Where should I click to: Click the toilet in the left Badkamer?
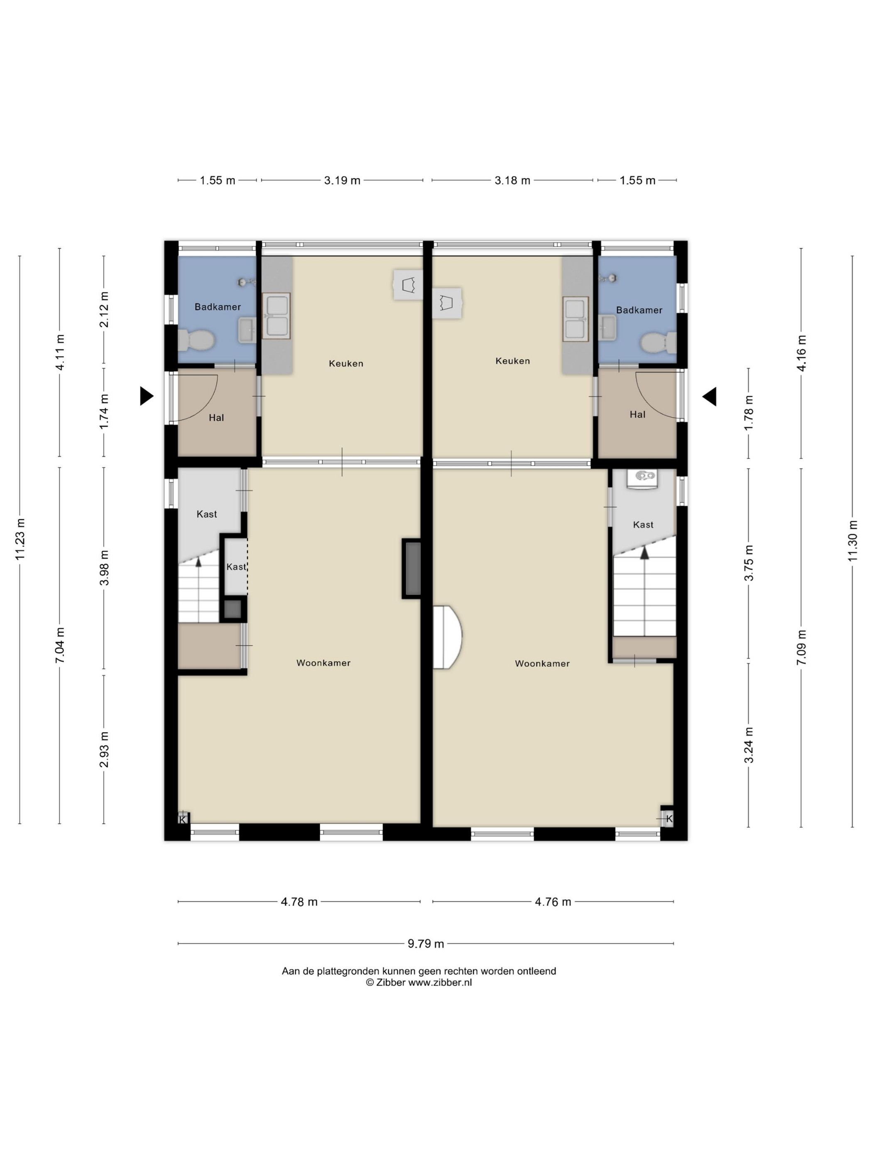tap(196, 340)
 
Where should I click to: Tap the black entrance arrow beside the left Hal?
tap(147, 395)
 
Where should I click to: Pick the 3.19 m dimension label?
tap(342, 180)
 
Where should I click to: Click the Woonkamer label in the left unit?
tap(323, 663)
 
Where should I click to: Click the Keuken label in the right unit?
tap(512, 361)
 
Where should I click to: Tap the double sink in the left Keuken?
tap(277, 316)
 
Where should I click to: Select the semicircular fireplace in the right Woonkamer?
tap(447, 637)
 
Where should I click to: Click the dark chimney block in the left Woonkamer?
tap(412, 569)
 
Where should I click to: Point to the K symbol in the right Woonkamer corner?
tap(668, 818)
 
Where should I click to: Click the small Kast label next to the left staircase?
tap(236, 567)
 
